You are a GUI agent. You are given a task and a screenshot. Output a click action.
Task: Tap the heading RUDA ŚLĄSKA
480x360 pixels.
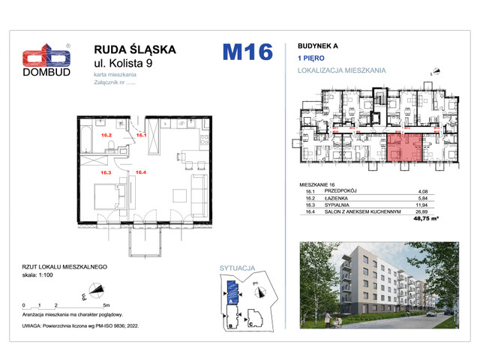coord(133,49)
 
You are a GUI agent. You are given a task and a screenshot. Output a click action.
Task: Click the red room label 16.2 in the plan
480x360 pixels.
coord(106,136)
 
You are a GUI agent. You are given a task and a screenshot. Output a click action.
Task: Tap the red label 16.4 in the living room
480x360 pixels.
coord(141,172)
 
